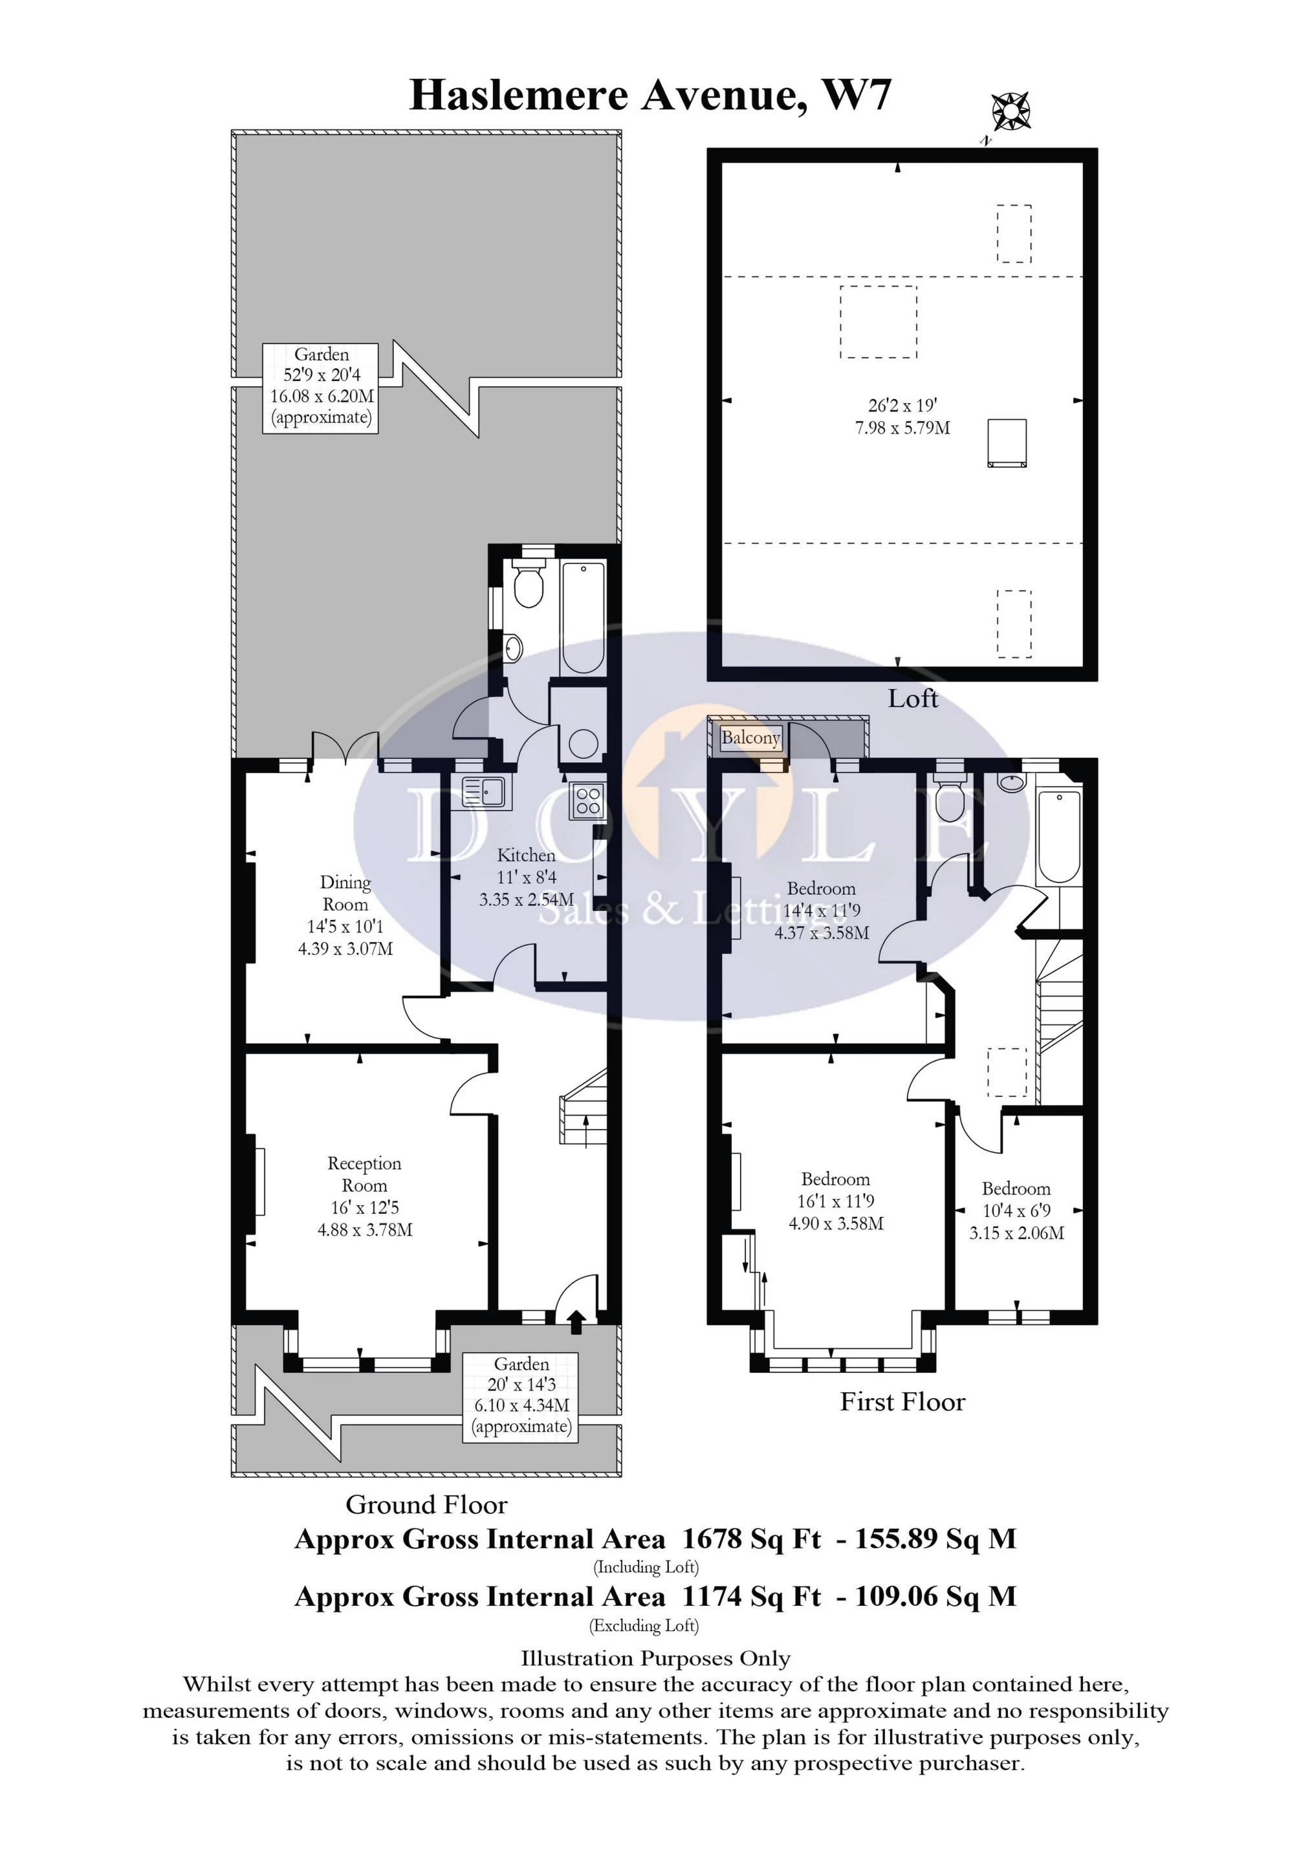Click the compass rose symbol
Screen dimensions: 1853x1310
pyautogui.click(x=1010, y=111)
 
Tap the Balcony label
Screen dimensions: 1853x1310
pyautogui.click(x=750, y=738)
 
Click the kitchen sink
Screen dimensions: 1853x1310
pyautogui.click(x=483, y=793)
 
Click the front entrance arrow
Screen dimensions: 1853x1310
pyautogui.click(x=576, y=1321)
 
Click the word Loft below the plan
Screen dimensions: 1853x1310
pyautogui.click(x=912, y=699)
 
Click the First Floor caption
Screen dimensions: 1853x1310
pyautogui.click(x=902, y=1425)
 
